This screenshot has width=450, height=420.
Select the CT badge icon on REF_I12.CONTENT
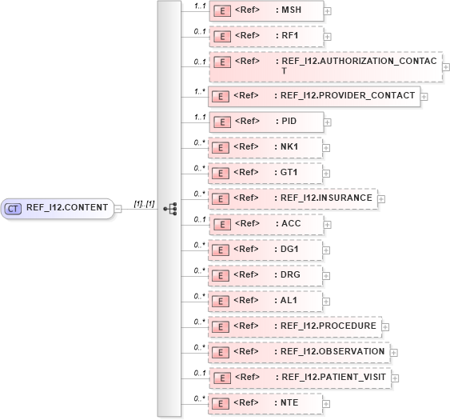[x=13, y=208]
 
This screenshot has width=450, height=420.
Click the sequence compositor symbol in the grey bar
[x=169, y=208]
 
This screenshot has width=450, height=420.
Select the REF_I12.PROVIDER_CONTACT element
[x=313, y=96]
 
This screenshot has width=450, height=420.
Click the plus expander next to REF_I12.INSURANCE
[x=382, y=199]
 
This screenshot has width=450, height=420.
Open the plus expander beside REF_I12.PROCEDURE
[x=385, y=326]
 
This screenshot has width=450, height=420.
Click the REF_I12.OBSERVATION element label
[x=331, y=351]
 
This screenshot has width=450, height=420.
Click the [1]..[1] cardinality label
[x=145, y=203]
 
